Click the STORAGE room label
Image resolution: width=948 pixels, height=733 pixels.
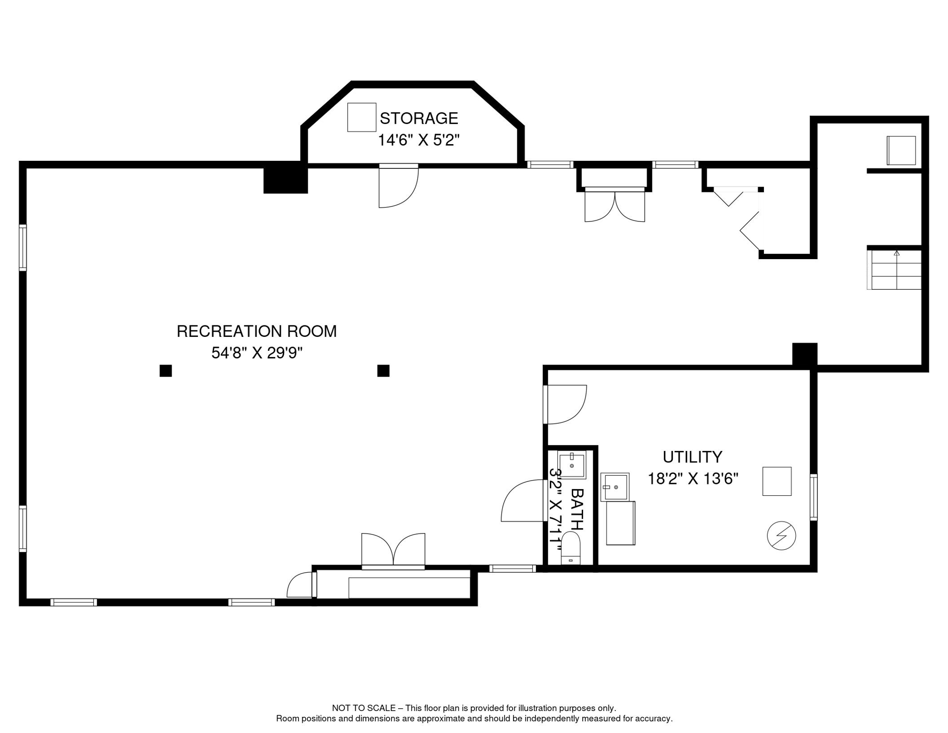(418, 118)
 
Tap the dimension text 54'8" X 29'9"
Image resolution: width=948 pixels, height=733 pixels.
(257, 353)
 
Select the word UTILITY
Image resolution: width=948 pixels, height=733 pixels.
(692, 457)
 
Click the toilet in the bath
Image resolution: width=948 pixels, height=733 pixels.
(570, 549)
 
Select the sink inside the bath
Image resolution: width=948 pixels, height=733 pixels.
(571, 465)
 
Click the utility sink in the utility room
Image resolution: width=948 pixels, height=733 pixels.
(614, 487)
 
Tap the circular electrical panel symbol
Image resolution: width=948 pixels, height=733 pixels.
(781, 535)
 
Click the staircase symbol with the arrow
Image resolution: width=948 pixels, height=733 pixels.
(896, 270)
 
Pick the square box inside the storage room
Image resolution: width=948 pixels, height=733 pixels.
(361, 117)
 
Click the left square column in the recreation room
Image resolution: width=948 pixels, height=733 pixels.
(165, 371)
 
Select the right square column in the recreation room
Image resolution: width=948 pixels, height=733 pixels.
(383, 371)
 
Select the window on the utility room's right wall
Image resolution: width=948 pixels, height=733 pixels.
(814, 497)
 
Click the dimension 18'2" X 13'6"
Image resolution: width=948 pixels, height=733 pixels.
(692, 479)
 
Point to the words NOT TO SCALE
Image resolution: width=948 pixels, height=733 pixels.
(363, 708)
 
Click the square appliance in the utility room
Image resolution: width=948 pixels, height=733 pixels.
(777, 481)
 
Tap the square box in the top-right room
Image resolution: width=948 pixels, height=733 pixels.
(901, 150)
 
